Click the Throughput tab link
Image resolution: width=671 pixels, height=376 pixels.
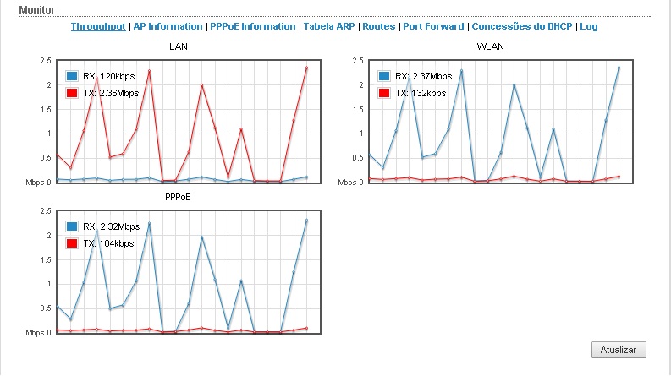point(98,26)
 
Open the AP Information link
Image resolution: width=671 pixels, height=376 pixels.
point(168,26)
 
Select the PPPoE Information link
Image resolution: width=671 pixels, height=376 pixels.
point(252,26)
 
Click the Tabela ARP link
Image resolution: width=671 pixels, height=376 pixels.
point(327,26)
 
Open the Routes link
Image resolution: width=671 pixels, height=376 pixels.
point(378,26)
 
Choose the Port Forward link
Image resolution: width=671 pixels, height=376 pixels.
point(433,26)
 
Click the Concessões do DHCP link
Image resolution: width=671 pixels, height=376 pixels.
point(522,26)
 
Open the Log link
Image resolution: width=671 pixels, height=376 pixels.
point(589,26)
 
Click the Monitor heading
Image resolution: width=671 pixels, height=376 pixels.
point(36,9)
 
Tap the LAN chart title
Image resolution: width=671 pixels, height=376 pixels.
point(179,46)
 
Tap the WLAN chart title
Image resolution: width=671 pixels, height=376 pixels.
point(491,46)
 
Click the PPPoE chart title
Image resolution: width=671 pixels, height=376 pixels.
point(179,197)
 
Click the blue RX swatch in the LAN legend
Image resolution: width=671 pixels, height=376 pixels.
point(72,77)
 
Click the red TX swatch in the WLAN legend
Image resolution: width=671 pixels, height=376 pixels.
point(385,93)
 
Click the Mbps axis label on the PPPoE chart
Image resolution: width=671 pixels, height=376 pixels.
point(35,333)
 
